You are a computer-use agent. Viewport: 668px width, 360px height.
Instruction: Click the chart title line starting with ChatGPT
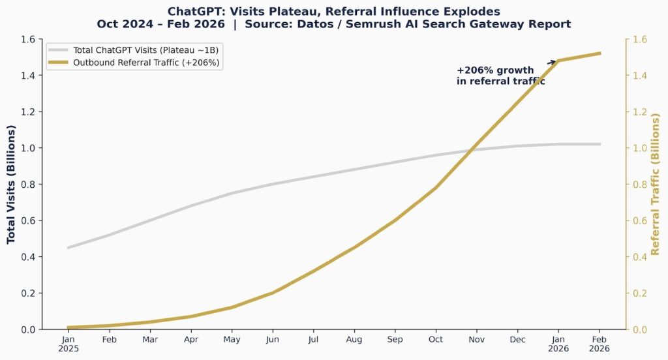[x=333, y=11]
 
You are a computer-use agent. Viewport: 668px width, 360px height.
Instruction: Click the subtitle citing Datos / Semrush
[x=333, y=24]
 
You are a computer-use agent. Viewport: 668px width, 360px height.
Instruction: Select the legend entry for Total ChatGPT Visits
[x=144, y=50]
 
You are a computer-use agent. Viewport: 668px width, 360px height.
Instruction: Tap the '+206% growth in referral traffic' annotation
[x=500, y=76]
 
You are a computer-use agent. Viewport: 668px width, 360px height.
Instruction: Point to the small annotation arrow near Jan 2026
[x=552, y=62]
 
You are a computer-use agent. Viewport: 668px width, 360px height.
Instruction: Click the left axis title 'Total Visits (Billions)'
[x=11, y=185]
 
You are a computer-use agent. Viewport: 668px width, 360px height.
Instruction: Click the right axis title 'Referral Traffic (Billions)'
[x=656, y=185]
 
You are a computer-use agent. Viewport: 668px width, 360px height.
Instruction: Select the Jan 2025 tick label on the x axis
[x=68, y=344]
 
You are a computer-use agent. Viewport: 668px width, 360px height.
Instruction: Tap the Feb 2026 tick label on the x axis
[x=600, y=344]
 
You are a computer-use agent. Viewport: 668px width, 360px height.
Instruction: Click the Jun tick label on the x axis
[x=273, y=340]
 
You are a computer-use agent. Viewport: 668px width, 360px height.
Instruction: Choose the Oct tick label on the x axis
[x=436, y=340]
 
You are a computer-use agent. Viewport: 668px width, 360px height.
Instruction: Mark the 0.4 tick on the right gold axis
[x=640, y=257]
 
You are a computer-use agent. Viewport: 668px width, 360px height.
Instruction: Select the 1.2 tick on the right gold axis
[x=640, y=112]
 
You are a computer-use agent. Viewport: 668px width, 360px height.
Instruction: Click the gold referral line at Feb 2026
[x=600, y=53]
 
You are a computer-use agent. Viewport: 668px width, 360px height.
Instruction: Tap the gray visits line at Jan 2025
[x=68, y=248]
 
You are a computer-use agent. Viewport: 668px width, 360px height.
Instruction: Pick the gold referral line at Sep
[x=395, y=220]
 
